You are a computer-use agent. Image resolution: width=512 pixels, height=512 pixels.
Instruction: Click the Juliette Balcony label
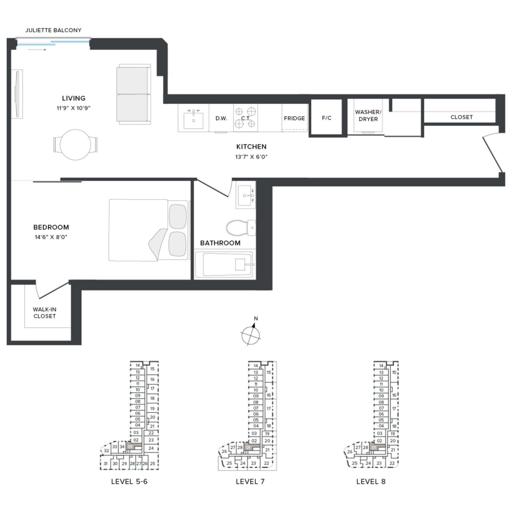(53, 30)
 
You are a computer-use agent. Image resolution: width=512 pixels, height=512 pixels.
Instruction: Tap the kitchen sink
(194, 119)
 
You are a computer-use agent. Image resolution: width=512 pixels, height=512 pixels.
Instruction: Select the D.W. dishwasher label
(221, 118)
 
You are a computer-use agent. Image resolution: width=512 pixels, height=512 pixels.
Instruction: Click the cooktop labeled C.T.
(245, 118)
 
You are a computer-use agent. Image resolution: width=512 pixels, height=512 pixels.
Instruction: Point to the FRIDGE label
(294, 118)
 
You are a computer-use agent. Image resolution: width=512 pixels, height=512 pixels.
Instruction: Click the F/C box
(326, 118)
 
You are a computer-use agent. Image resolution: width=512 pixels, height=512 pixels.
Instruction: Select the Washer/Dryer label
(368, 116)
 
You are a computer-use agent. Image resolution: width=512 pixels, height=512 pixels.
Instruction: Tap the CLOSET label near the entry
(461, 117)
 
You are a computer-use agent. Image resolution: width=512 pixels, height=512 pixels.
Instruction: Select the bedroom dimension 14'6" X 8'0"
(51, 237)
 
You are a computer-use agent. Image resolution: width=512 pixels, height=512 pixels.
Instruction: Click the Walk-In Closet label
(44, 313)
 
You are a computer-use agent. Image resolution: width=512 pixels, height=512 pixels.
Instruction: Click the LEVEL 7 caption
(250, 482)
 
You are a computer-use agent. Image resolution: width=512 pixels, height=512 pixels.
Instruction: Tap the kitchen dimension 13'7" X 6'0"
(251, 157)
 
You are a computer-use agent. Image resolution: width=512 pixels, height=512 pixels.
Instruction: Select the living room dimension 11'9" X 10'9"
(74, 108)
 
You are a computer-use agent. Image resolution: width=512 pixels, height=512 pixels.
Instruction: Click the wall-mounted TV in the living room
(17, 94)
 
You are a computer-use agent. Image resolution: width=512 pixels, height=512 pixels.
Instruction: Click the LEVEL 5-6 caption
(129, 482)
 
